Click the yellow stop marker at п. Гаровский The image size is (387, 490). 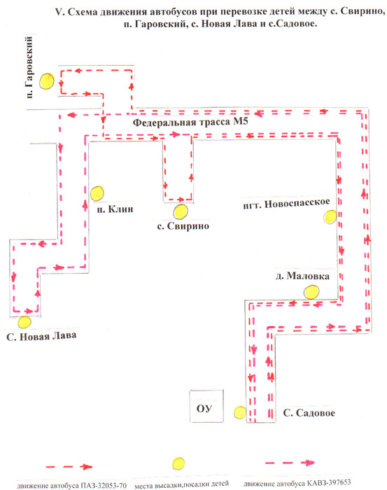click(47, 81)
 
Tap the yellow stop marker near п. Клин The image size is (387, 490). click(97, 193)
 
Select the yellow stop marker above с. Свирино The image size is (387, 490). click(181, 211)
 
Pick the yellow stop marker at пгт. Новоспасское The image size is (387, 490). click(330, 217)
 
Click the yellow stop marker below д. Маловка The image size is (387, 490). click(311, 292)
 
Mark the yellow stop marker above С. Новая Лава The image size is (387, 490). click(24, 322)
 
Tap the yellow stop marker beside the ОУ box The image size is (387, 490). click(240, 412)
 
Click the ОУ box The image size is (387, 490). click(206, 406)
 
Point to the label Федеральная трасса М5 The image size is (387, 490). click(190, 122)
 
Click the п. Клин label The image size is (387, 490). click(115, 209)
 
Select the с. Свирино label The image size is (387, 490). click(183, 226)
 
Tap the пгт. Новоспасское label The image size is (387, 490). click(286, 204)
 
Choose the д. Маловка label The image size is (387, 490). click(302, 276)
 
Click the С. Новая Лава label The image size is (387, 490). click(41, 336)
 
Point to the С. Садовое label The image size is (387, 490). click(309, 413)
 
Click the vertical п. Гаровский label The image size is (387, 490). click(29, 67)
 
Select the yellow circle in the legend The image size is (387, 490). click(178, 463)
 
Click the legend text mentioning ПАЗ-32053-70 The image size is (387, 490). click(71, 486)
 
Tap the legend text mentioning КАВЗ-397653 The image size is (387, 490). click(297, 484)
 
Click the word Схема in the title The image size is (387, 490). click(82, 12)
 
